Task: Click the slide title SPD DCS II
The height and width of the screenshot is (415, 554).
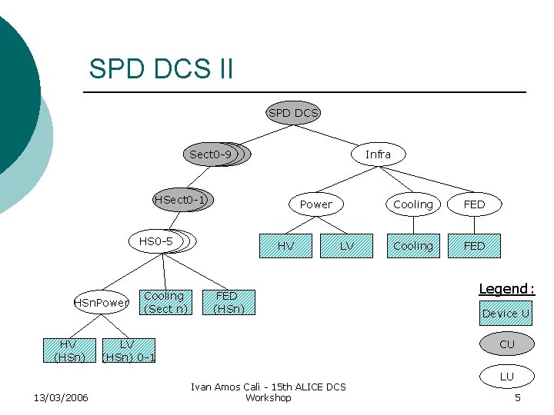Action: click(161, 68)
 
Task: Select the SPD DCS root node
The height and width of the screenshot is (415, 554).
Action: click(293, 113)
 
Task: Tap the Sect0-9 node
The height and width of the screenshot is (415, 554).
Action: click(212, 154)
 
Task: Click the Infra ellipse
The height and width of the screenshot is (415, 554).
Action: click(378, 154)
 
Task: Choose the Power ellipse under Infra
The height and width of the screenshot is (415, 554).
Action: click(315, 204)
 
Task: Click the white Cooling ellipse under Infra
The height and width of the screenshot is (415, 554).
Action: click(413, 204)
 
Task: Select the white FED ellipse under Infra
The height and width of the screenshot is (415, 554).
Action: click(475, 204)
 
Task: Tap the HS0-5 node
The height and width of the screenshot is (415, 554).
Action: click(158, 241)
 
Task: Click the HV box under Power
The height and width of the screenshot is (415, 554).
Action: click(285, 246)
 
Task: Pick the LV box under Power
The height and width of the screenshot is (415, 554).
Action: click(347, 246)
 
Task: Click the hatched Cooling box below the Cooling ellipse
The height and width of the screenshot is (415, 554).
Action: click(413, 246)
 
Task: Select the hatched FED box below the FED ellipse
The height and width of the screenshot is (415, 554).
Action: click(475, 246)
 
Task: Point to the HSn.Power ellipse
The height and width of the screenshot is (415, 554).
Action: click(101, 303)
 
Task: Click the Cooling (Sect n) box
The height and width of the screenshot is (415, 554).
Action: click(164, 302)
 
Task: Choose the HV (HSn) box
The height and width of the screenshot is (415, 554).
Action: click(68, 350)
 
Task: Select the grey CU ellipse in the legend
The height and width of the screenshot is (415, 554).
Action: click(506, 344)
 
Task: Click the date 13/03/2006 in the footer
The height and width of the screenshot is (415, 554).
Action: click(61, 397)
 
